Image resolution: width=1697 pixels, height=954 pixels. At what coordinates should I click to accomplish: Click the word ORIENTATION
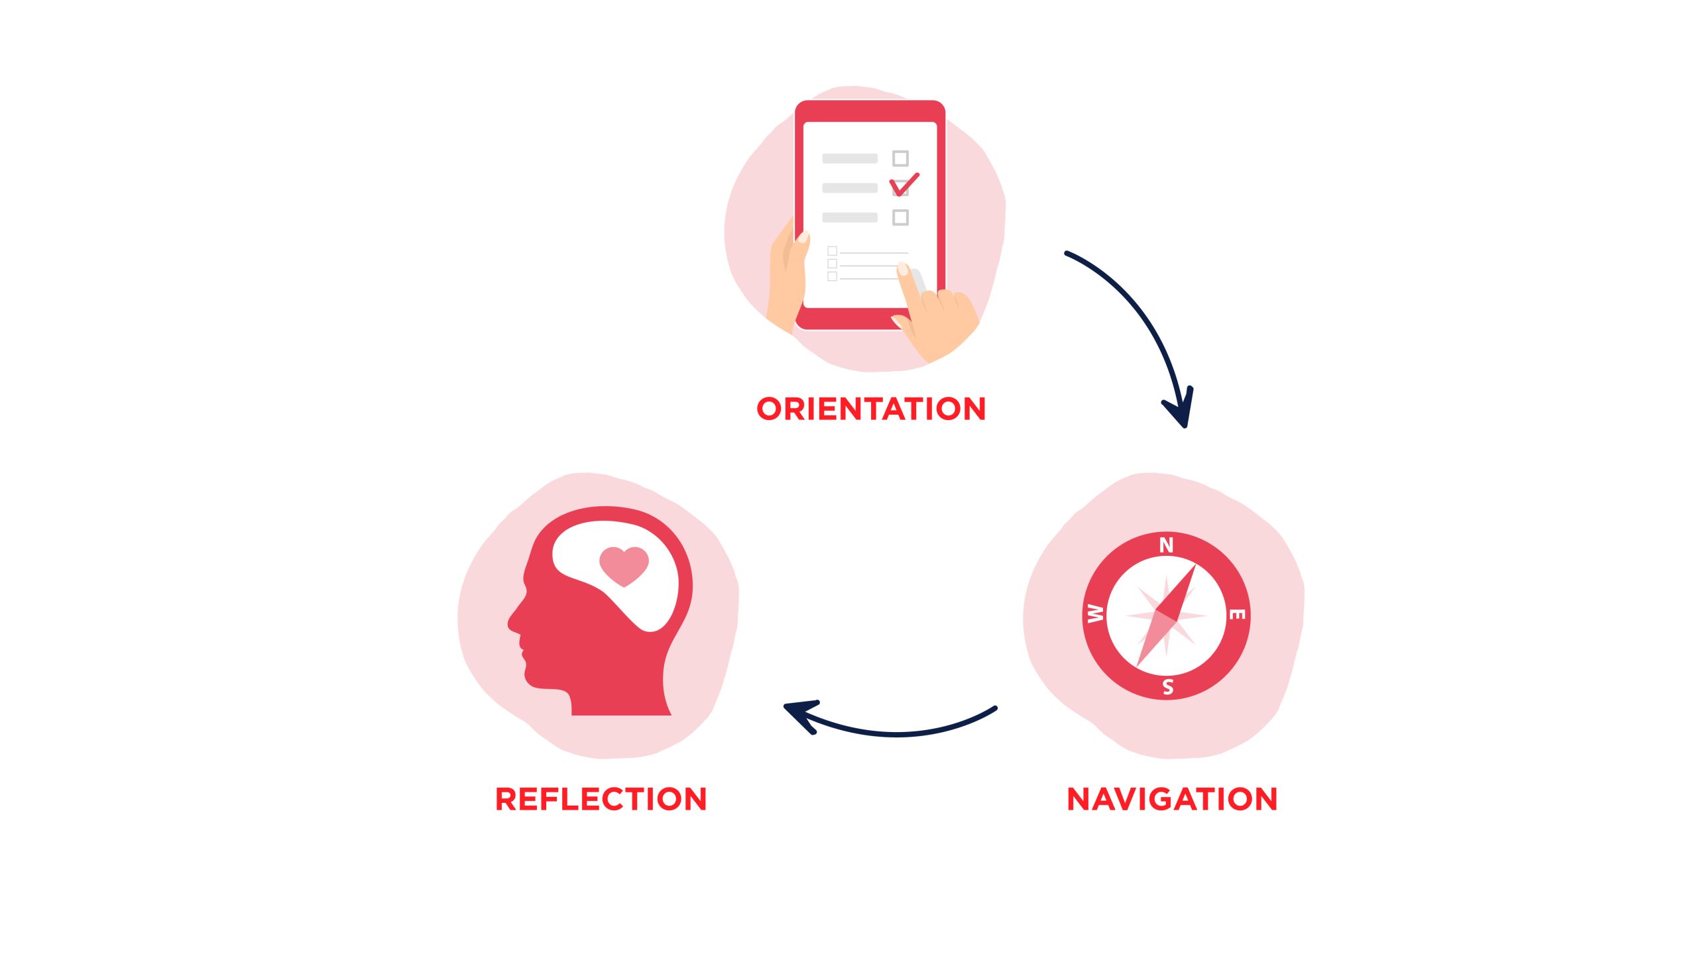tap(871, 409)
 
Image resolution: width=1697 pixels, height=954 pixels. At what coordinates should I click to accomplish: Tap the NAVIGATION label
tap(1172, 799)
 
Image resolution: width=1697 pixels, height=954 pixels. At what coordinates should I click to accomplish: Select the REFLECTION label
tap(601, 799)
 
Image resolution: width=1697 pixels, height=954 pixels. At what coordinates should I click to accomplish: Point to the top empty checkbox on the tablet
tap(900, 158)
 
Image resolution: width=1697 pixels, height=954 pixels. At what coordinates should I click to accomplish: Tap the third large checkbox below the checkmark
tap(900, 217)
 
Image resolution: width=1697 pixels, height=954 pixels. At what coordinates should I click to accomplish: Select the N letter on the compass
tap(1166, 545)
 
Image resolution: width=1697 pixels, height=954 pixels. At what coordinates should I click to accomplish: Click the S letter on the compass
tap(1168, 687)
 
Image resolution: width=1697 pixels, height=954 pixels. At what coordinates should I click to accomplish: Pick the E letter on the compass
tap(1237, 615)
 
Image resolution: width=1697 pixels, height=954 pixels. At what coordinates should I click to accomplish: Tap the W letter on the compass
tap(1095, 614)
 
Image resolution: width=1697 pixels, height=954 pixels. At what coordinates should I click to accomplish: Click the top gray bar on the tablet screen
tap(849, 158)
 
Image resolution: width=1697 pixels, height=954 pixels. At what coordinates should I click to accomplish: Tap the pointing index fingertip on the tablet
tap(903, 269)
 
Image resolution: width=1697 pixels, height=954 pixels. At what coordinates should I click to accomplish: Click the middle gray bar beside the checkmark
tap(849, 188)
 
